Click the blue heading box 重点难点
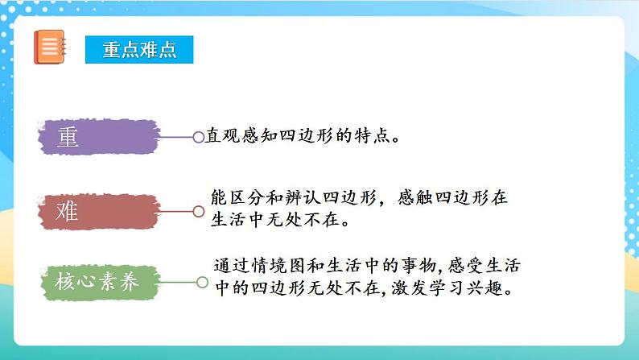click(141, 49)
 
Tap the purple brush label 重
click(97, 138)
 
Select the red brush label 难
click(96, 212)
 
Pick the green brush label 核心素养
click(96, 283)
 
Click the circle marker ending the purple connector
click(199, 138)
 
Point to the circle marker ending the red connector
click(199, 212)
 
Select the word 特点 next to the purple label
click(373, 136)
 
